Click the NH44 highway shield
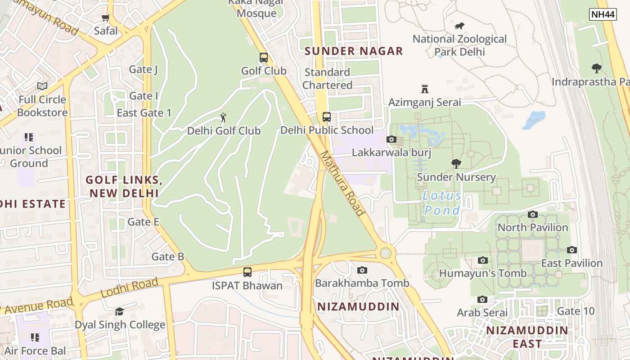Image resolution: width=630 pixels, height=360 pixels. click(603, 14)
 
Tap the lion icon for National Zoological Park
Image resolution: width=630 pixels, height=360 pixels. click(459, 26)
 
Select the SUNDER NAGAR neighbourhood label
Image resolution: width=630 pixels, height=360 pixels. click(354, 51)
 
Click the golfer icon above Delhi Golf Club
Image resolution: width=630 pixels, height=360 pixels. click(223, 118)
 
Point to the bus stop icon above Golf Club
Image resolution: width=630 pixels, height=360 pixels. click(264, 58)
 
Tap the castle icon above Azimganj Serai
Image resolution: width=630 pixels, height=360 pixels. click(424, 89)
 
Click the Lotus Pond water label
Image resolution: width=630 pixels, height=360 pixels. click(442, 203)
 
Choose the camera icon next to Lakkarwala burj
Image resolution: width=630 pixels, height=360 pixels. click(391, 139)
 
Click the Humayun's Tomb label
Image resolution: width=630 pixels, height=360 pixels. click(482, 273)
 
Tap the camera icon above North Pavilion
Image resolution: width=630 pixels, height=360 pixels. click(533, 214)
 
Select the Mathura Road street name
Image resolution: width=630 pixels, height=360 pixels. click(342, 183)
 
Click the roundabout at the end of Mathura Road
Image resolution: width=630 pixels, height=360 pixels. click(386, 253)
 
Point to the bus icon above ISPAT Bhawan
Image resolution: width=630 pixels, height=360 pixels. click(247, 272)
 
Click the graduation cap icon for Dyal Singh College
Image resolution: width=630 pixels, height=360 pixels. click(119, 311)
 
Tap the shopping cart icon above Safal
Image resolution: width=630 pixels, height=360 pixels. click(106, 18)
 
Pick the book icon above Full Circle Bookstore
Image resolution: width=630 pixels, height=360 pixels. click(42, 86)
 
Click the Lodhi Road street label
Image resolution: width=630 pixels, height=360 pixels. click(129, 288)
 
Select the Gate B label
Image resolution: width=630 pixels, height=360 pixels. click(167, 257)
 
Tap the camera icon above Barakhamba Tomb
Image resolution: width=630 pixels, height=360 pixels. click(362, 270)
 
